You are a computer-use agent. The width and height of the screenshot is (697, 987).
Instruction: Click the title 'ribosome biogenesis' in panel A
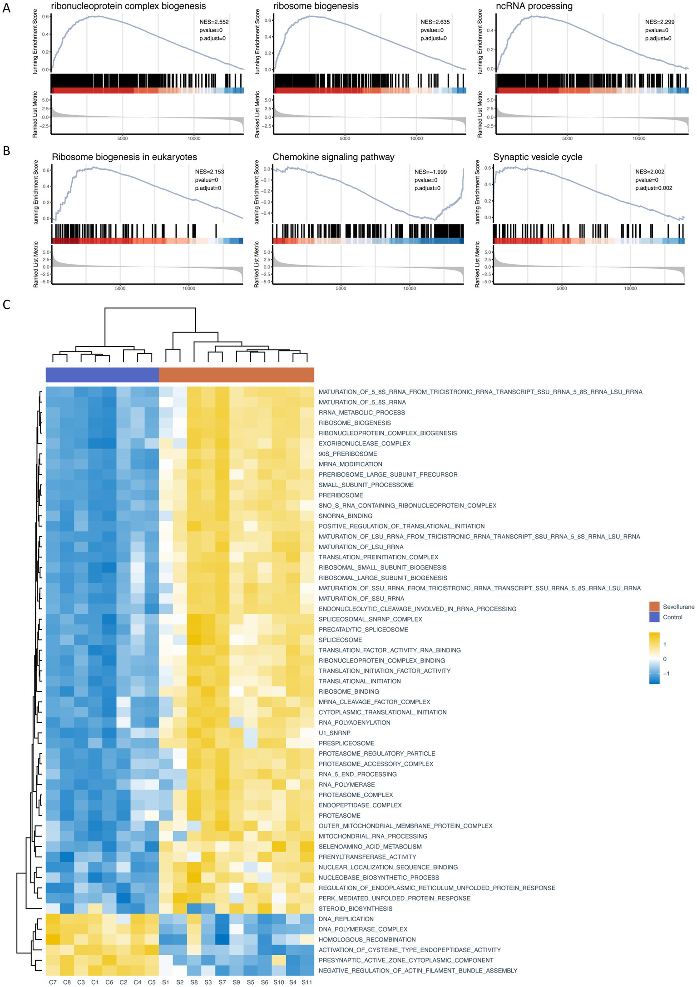(x=316, y=6)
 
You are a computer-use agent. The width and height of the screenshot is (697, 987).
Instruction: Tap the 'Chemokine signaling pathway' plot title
(x=333, y=157)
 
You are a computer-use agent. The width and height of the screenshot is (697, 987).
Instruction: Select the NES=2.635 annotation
(x=435, y=22)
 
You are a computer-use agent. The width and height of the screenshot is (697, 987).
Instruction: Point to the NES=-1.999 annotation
(x=430, y=172)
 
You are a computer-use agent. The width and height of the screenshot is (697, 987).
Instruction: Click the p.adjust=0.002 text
(x=653, y=188)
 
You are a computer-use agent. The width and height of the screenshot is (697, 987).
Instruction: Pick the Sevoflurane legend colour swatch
(x=654, y=607)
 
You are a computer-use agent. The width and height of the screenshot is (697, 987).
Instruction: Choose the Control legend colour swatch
(x=654, y=617)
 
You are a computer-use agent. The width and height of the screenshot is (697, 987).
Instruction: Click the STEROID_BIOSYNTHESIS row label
(x=356, y=908)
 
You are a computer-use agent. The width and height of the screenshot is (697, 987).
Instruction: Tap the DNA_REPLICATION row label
(x=346, y=919)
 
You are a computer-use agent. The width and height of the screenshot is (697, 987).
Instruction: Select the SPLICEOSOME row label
(x=340, y=640)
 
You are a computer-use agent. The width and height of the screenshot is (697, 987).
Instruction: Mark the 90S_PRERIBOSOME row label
(x=348, y=454)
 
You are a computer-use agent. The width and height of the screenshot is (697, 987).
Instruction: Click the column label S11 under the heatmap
(x=307, y=982)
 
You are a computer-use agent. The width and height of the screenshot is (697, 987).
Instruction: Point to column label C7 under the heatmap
(x=53, y=982)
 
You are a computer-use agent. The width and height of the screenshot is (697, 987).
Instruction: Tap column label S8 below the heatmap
(x=194, y=982)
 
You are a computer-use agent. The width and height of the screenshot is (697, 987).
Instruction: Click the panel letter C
(x=6, y=304)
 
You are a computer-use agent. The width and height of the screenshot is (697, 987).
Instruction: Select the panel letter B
(x=6, y=151)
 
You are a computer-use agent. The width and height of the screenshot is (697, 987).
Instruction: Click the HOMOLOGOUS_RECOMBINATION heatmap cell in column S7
(x=222, y=939)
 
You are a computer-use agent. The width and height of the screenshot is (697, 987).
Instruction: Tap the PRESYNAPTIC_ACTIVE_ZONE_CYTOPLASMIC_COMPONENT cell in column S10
(x=279, y=960)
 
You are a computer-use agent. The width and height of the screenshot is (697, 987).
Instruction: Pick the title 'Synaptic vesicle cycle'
(x=538, y=157)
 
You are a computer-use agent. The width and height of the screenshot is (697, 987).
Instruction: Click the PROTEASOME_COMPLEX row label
(x=356, y=795)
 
